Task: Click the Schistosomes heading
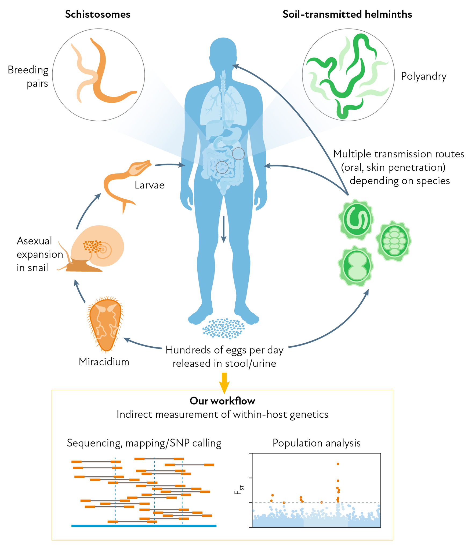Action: (x=98, y=14)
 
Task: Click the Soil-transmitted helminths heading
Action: (x=347, y=14)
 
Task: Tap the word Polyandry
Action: (x=423, y=76)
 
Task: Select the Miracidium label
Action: (x=104, y=362)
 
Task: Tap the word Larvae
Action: (x=150, y=185)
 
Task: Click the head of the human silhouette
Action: (x=223, y=51)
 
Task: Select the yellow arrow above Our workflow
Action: (x=224, y=383)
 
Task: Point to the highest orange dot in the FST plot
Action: (x=338, y=464)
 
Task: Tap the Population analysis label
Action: (x=316, y=443)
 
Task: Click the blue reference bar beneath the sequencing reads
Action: (x=144, y=526)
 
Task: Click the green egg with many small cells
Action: (x=394, y=241)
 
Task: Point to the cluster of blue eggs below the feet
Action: (x=224, y=328)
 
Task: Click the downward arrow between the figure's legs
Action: (x=224, y=229)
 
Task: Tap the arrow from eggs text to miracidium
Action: (x=142, y=345)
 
